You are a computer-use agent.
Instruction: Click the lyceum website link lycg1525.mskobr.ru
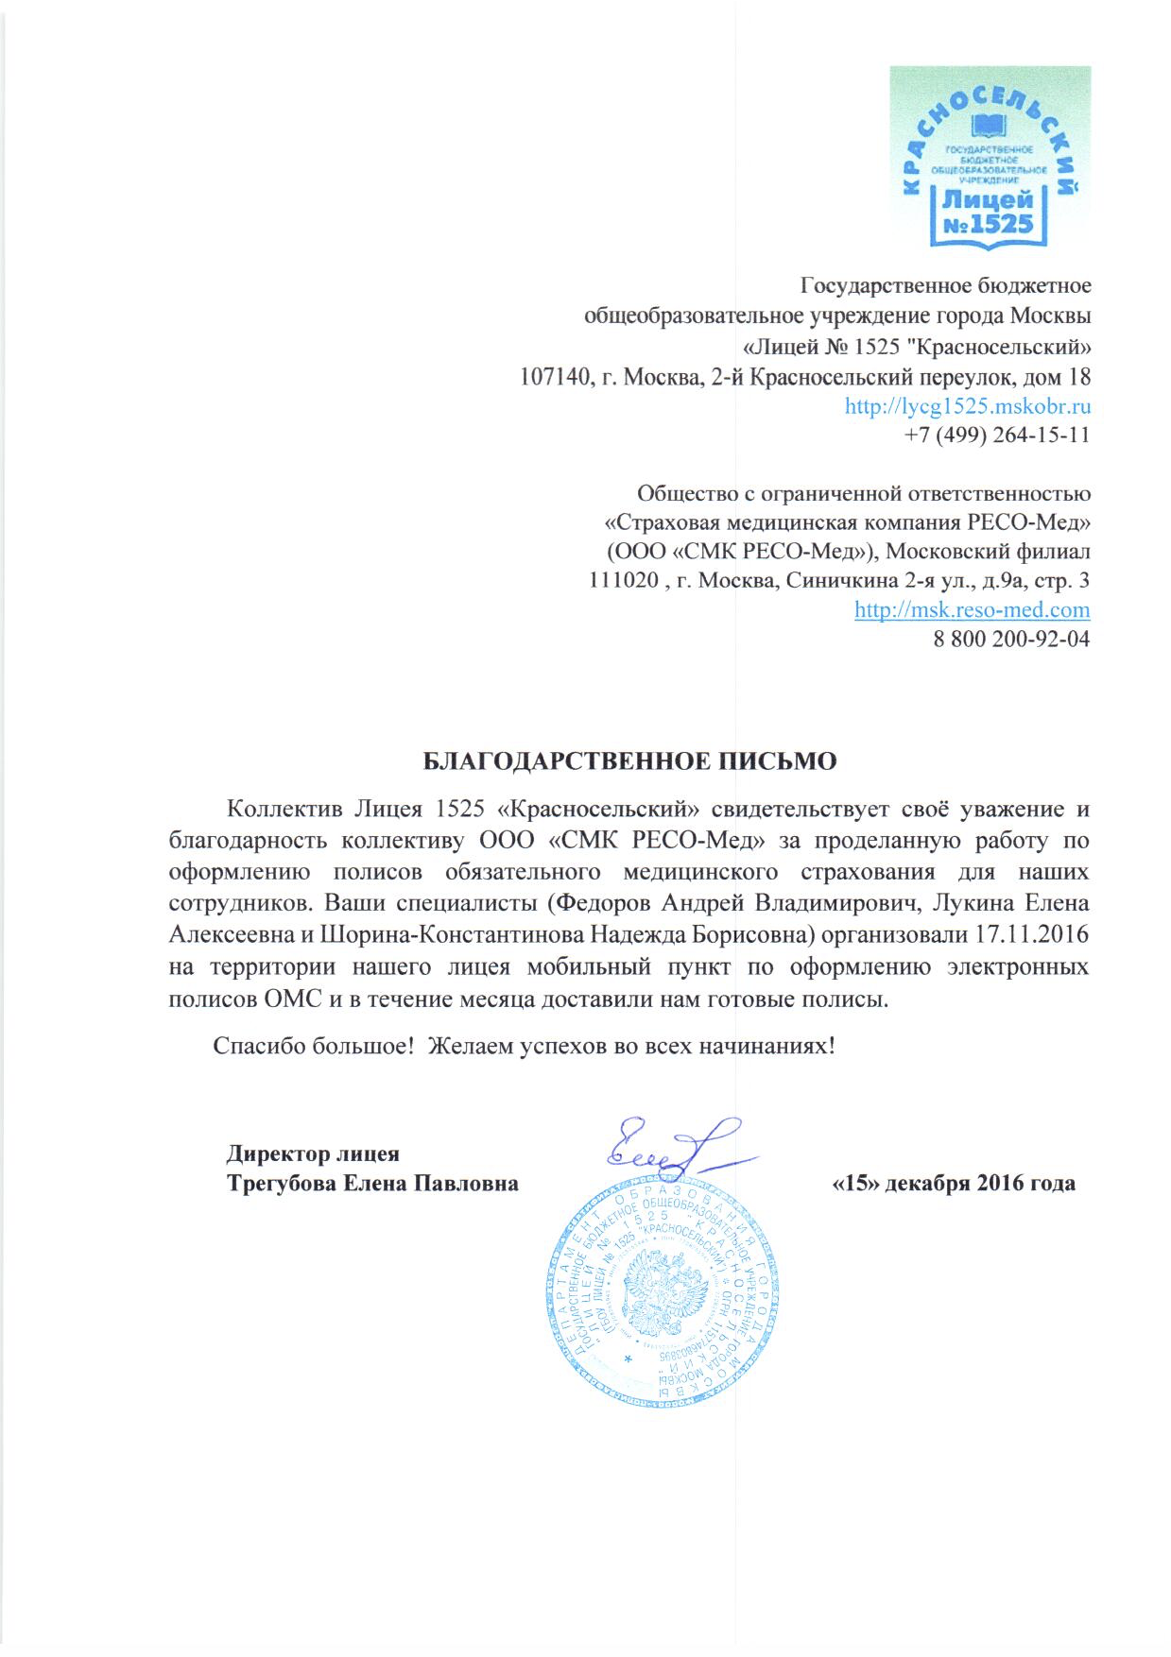pos(968,406)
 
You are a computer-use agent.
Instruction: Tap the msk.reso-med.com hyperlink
pos(972,609)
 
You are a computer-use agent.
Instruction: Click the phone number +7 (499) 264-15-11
pos(996,436)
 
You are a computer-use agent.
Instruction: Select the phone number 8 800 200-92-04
pos(1011,639)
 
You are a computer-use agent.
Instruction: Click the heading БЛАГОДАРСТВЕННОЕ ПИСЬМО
pos(629,761)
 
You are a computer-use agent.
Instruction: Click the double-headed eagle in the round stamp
pos(662,1290)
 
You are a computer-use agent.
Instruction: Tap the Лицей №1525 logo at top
pos(989,158)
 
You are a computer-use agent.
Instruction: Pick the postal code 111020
pos(623,580)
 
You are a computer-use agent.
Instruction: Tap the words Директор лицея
pos(313,1153)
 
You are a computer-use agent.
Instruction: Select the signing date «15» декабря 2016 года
pos(953,1184)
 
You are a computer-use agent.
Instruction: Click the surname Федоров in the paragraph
pos(603,903)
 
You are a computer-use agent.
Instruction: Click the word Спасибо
pos(253,1047)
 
